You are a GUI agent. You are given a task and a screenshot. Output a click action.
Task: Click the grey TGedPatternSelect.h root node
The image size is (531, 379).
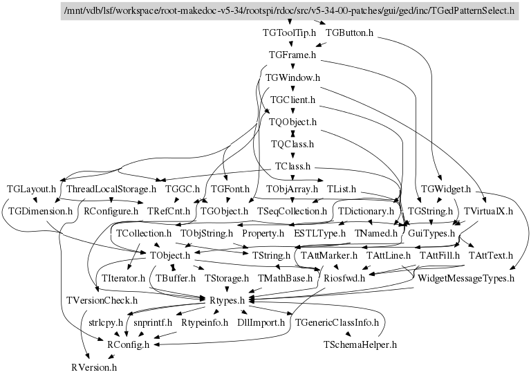click(x=289, y=11)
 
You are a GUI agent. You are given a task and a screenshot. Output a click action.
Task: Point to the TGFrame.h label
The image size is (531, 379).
click(x=292, y=54)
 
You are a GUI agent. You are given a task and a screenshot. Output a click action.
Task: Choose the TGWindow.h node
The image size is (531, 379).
click(x=292, y=77)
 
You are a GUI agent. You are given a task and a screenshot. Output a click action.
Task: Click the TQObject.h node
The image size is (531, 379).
click(x=292, y=122)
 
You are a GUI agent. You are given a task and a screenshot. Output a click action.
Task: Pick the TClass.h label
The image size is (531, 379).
click(x=292, y=167)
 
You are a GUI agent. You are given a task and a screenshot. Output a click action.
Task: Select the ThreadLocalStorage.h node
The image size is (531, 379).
click(x=112, y=188)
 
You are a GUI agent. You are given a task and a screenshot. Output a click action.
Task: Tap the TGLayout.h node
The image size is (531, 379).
click(x=31, y=188)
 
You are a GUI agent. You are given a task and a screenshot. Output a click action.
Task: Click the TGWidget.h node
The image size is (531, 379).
click(x=446, y=188)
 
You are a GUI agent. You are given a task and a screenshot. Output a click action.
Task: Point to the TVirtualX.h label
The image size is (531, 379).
click(x=488, y=210)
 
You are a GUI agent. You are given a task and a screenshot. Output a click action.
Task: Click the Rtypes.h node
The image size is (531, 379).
click(x=227, y=300)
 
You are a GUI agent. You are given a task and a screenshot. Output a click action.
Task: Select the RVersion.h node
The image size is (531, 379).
click(x=94, y=367)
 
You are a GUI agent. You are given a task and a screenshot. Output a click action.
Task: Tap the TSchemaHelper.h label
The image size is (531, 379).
click(x=360, y=344)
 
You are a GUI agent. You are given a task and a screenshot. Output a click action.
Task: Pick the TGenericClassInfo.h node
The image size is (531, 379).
click(x=337, y=322)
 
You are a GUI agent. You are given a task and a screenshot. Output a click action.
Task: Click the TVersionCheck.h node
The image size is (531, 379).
click(x=102, y=300)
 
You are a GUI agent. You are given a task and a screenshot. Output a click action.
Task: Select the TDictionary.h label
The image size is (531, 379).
click(x=365, y=210)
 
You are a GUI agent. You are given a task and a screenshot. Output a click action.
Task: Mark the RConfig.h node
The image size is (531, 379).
click(x=127, y=344)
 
